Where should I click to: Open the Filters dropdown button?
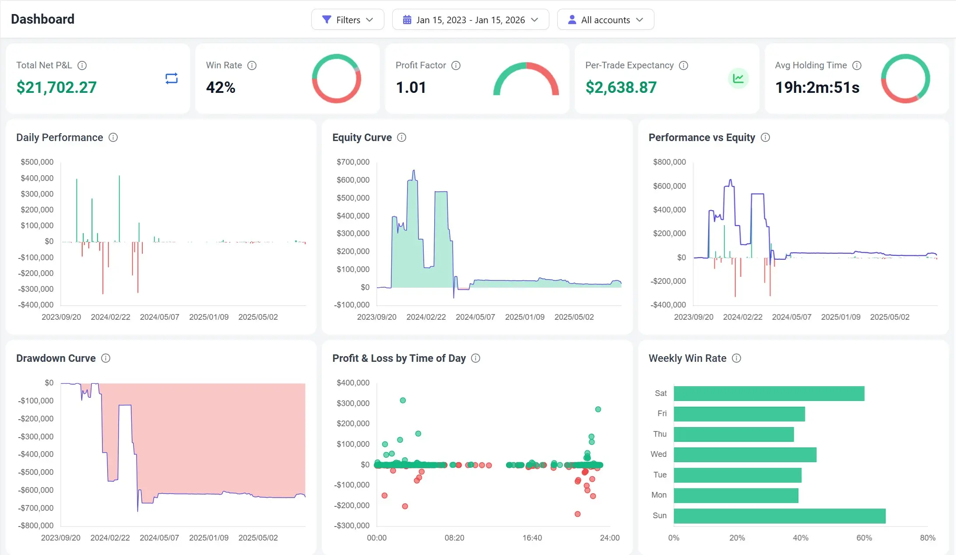(348, 20)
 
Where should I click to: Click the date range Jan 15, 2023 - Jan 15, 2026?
(470, 20)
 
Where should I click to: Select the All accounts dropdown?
(605, 20)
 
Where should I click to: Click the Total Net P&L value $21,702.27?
(56, 87)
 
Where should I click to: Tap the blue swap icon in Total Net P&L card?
(172, 78)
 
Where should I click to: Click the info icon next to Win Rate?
(252, 65)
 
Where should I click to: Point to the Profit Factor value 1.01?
(411, 87)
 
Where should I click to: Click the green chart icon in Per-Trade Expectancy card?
(738, 78)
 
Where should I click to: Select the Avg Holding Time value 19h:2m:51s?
(817, 87)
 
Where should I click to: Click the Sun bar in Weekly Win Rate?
(779, 516)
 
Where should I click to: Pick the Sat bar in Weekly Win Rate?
(769, 393)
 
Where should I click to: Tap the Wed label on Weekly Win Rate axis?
(658, 454)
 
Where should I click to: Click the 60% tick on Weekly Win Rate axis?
(864, 537)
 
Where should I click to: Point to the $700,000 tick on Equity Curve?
(353, 162)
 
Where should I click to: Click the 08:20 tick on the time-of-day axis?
(454, 537)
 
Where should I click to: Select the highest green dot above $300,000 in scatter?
(403, 400)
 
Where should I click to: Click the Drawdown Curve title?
(56, 358)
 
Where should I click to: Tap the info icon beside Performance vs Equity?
(765, 138)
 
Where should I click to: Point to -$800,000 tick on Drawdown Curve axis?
(36, 525)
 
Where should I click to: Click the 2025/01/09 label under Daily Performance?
(209, 317)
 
